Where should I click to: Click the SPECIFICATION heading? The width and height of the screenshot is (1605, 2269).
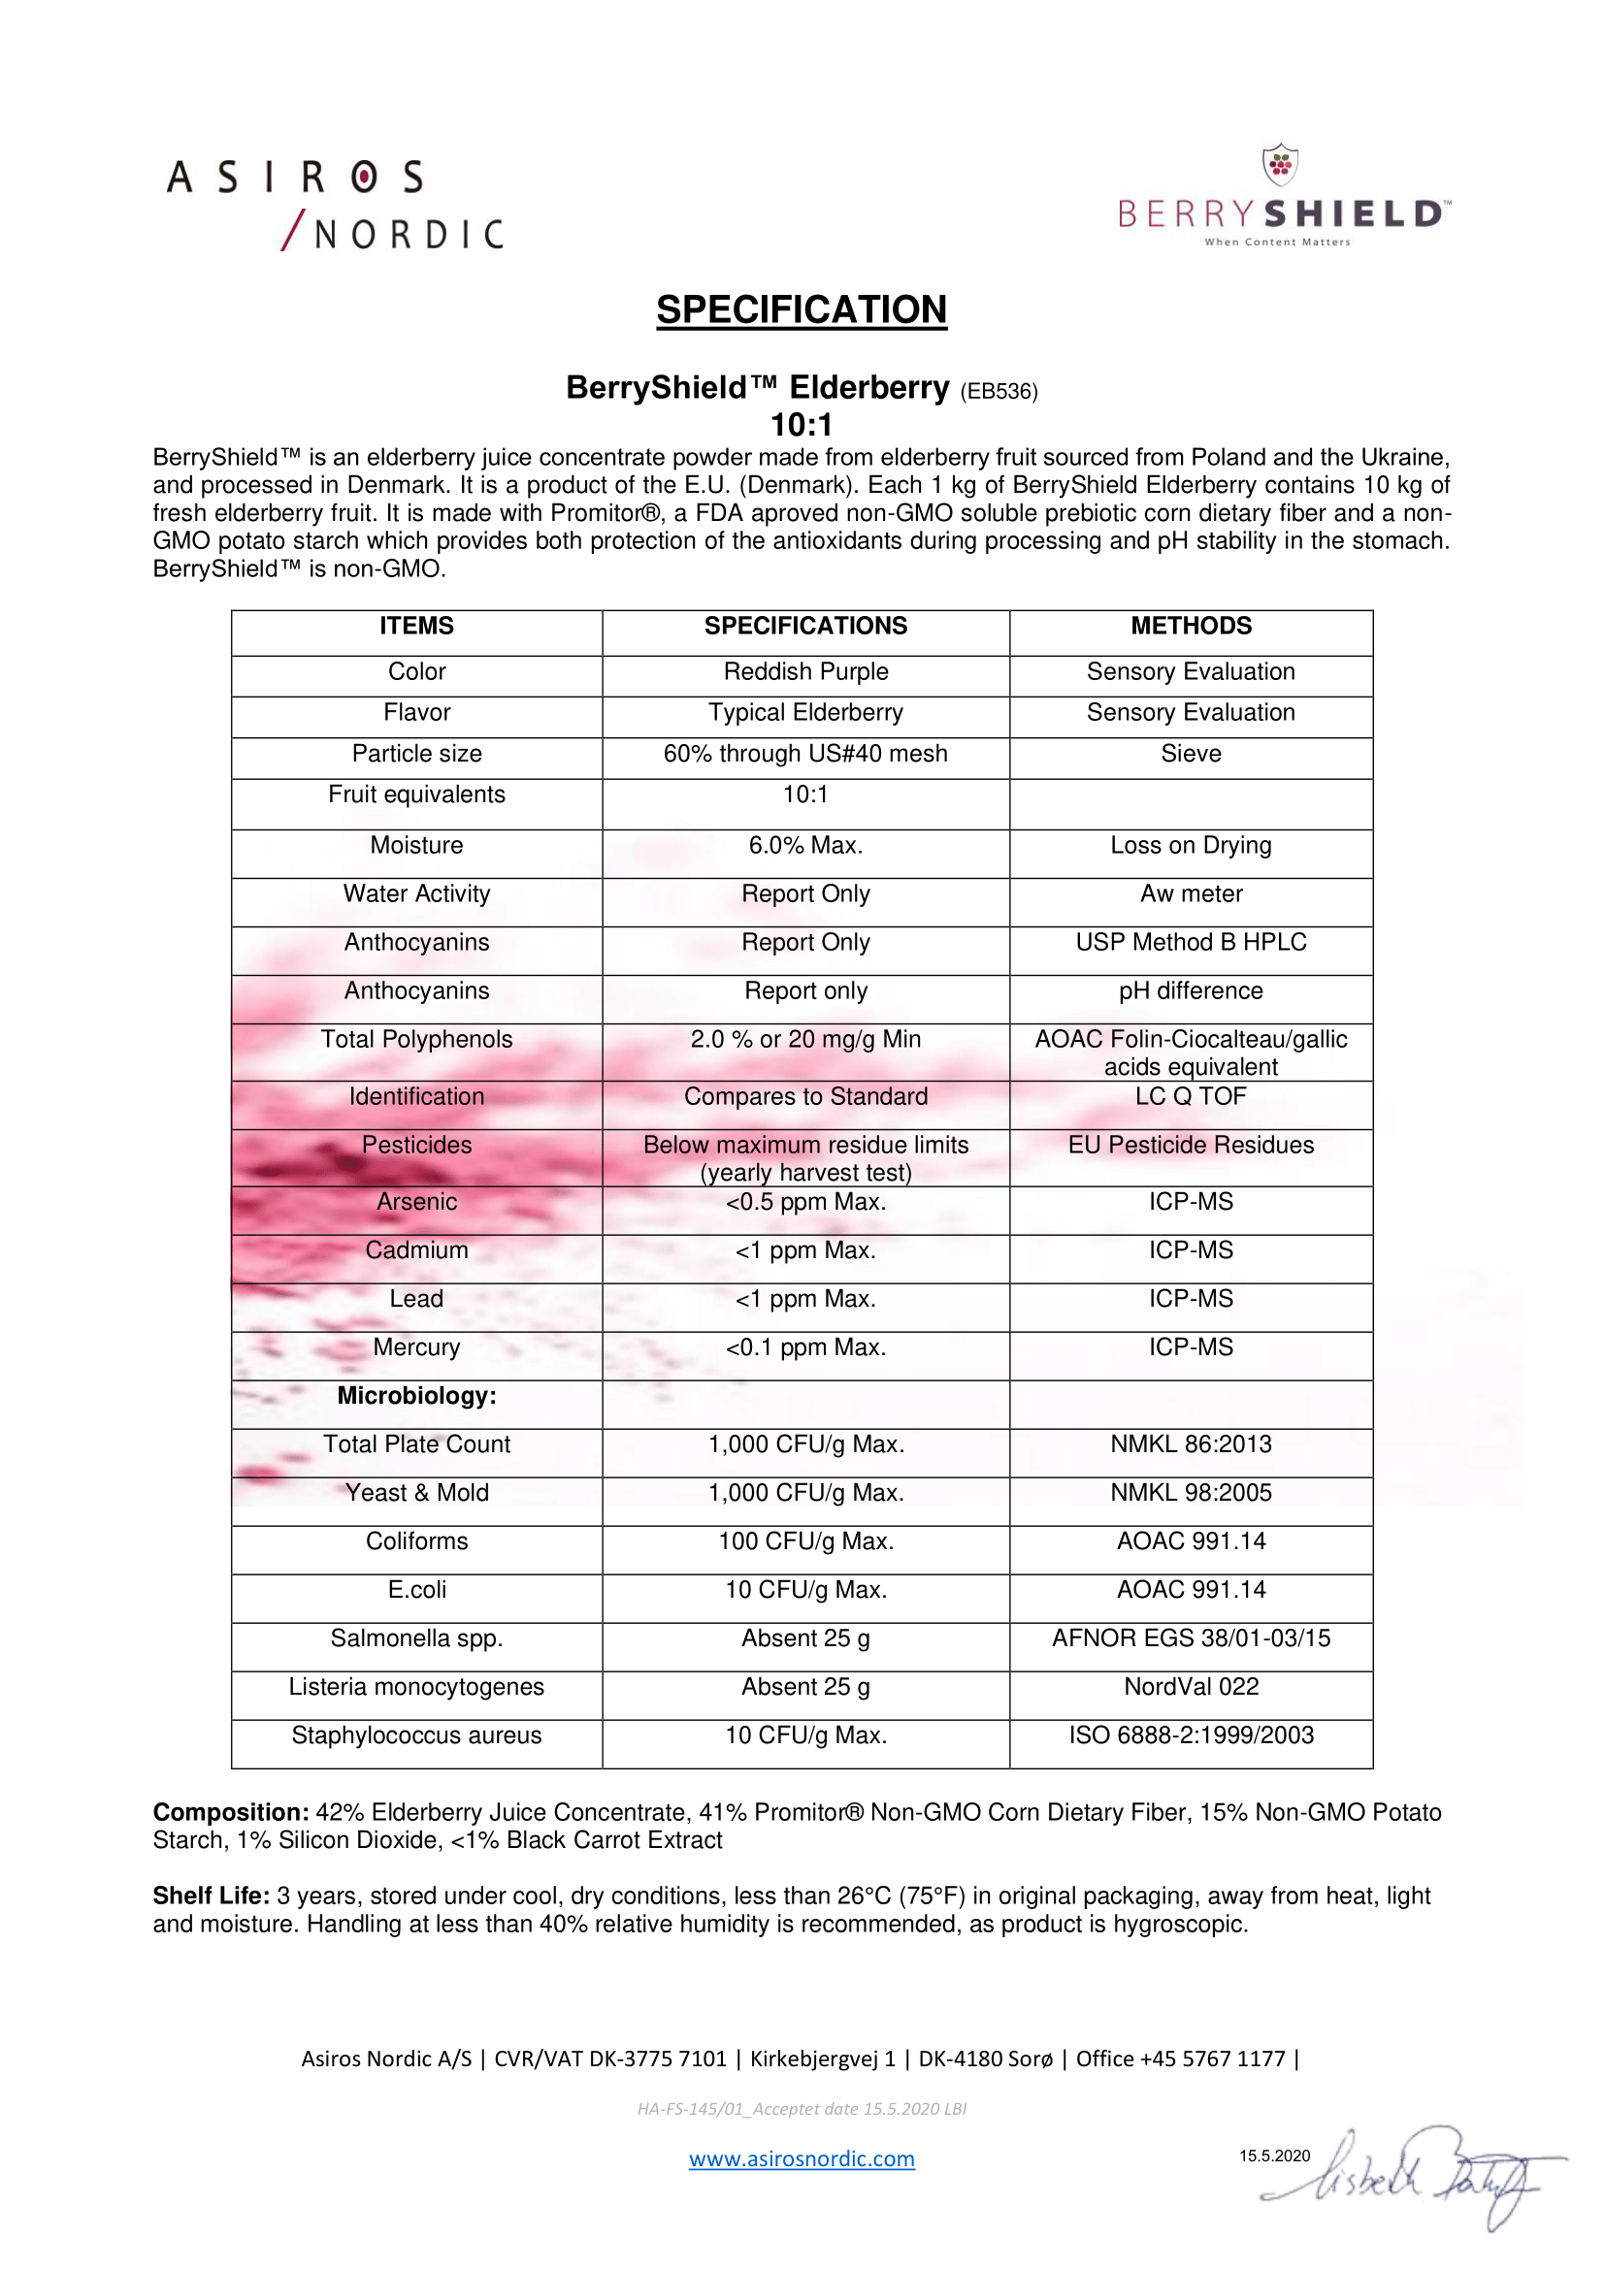point(802,309)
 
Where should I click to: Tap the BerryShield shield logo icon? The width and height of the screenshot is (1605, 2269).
point(1280,165)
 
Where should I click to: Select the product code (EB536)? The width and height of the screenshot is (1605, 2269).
point(999,391)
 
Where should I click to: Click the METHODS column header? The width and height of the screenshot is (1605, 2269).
point(1191,626)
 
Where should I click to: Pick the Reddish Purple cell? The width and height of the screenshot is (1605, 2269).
point(805,672)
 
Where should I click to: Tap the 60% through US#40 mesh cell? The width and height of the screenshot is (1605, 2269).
point(805,754)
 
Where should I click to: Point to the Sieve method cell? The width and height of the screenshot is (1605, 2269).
point(1191,754)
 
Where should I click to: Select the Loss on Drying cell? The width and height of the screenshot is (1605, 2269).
point(1191,846)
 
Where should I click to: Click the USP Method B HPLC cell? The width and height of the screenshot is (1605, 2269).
point(1191,943)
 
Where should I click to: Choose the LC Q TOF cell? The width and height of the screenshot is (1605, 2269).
point(1191,1097)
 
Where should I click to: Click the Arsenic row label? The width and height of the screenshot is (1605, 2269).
point(417,1203)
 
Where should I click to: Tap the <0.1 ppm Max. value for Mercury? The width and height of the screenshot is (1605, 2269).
point(805,1348)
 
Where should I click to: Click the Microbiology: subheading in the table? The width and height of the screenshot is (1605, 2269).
point(417,1396)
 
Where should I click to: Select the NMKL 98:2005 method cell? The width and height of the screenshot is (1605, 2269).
point(1191,1493)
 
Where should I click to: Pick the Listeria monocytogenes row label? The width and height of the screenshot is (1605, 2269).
point(417,1687)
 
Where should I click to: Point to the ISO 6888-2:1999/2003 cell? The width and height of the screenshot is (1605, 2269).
point(1191,1735)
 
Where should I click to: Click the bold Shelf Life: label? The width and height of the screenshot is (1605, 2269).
point(211,1896)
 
